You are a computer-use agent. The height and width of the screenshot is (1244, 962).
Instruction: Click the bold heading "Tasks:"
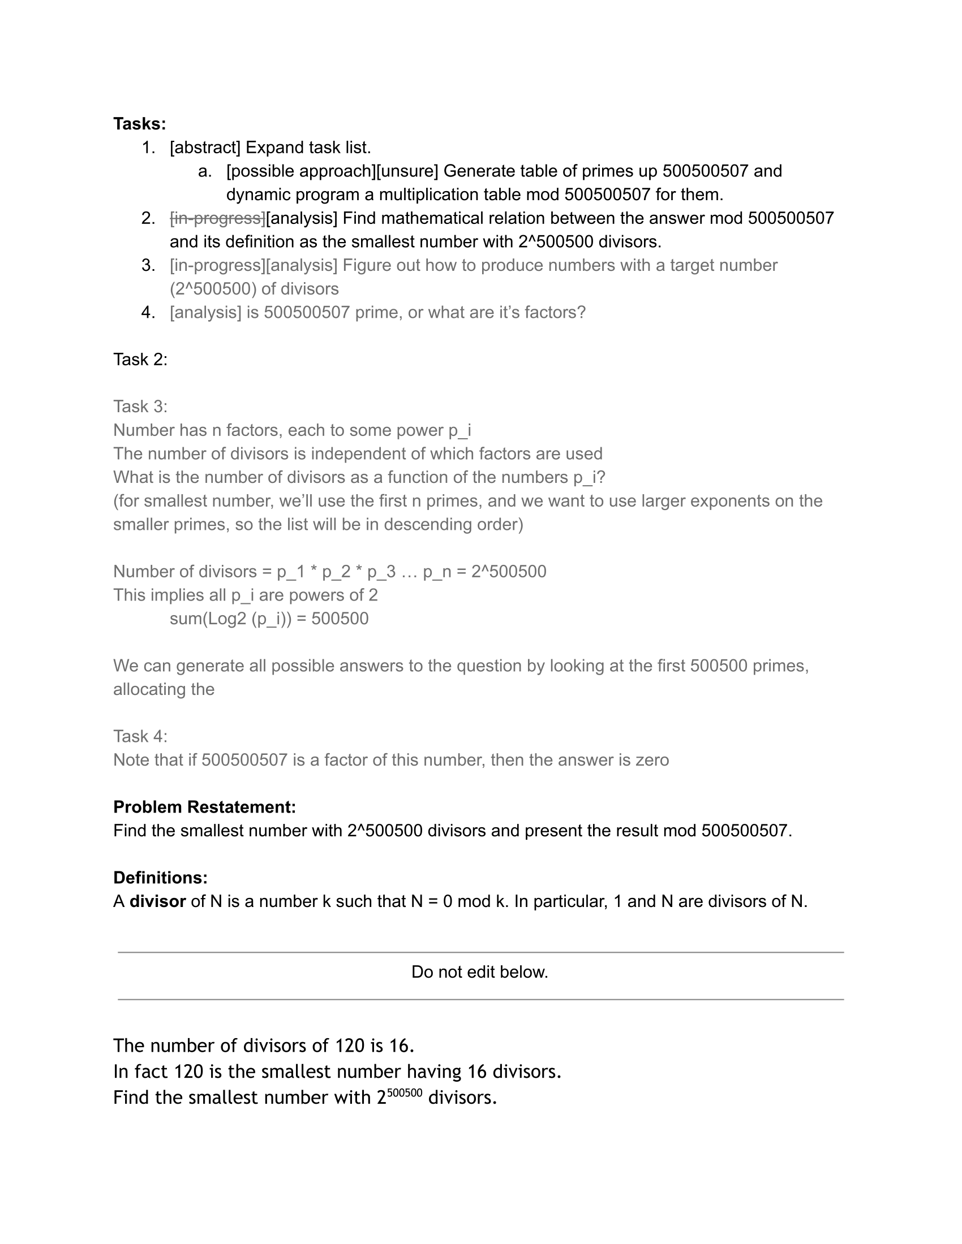coord(140,124)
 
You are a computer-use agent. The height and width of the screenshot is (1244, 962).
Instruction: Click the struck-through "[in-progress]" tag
coord(217,218)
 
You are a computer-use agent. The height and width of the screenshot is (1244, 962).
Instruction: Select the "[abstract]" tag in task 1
coord(205,148)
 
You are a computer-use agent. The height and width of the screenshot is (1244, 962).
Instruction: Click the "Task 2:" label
coord(140,360)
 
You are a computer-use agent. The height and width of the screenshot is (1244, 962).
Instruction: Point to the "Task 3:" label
coord(140,407)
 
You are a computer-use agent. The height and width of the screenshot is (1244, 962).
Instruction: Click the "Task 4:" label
coord(140,736)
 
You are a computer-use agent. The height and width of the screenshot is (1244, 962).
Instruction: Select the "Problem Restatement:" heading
coord(205,807)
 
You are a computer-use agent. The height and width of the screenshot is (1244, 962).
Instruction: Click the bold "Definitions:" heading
coord(160,878)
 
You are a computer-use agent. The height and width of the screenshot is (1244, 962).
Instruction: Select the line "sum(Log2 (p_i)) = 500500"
coord(269,619)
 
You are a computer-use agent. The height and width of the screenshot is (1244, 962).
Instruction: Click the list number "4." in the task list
coord(148,313)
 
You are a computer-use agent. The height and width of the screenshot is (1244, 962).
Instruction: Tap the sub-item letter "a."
coord(205,171)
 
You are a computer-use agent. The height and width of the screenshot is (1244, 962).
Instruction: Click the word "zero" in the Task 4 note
coord(652,760)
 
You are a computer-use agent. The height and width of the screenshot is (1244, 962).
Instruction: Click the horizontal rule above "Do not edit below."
coord(480,952)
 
